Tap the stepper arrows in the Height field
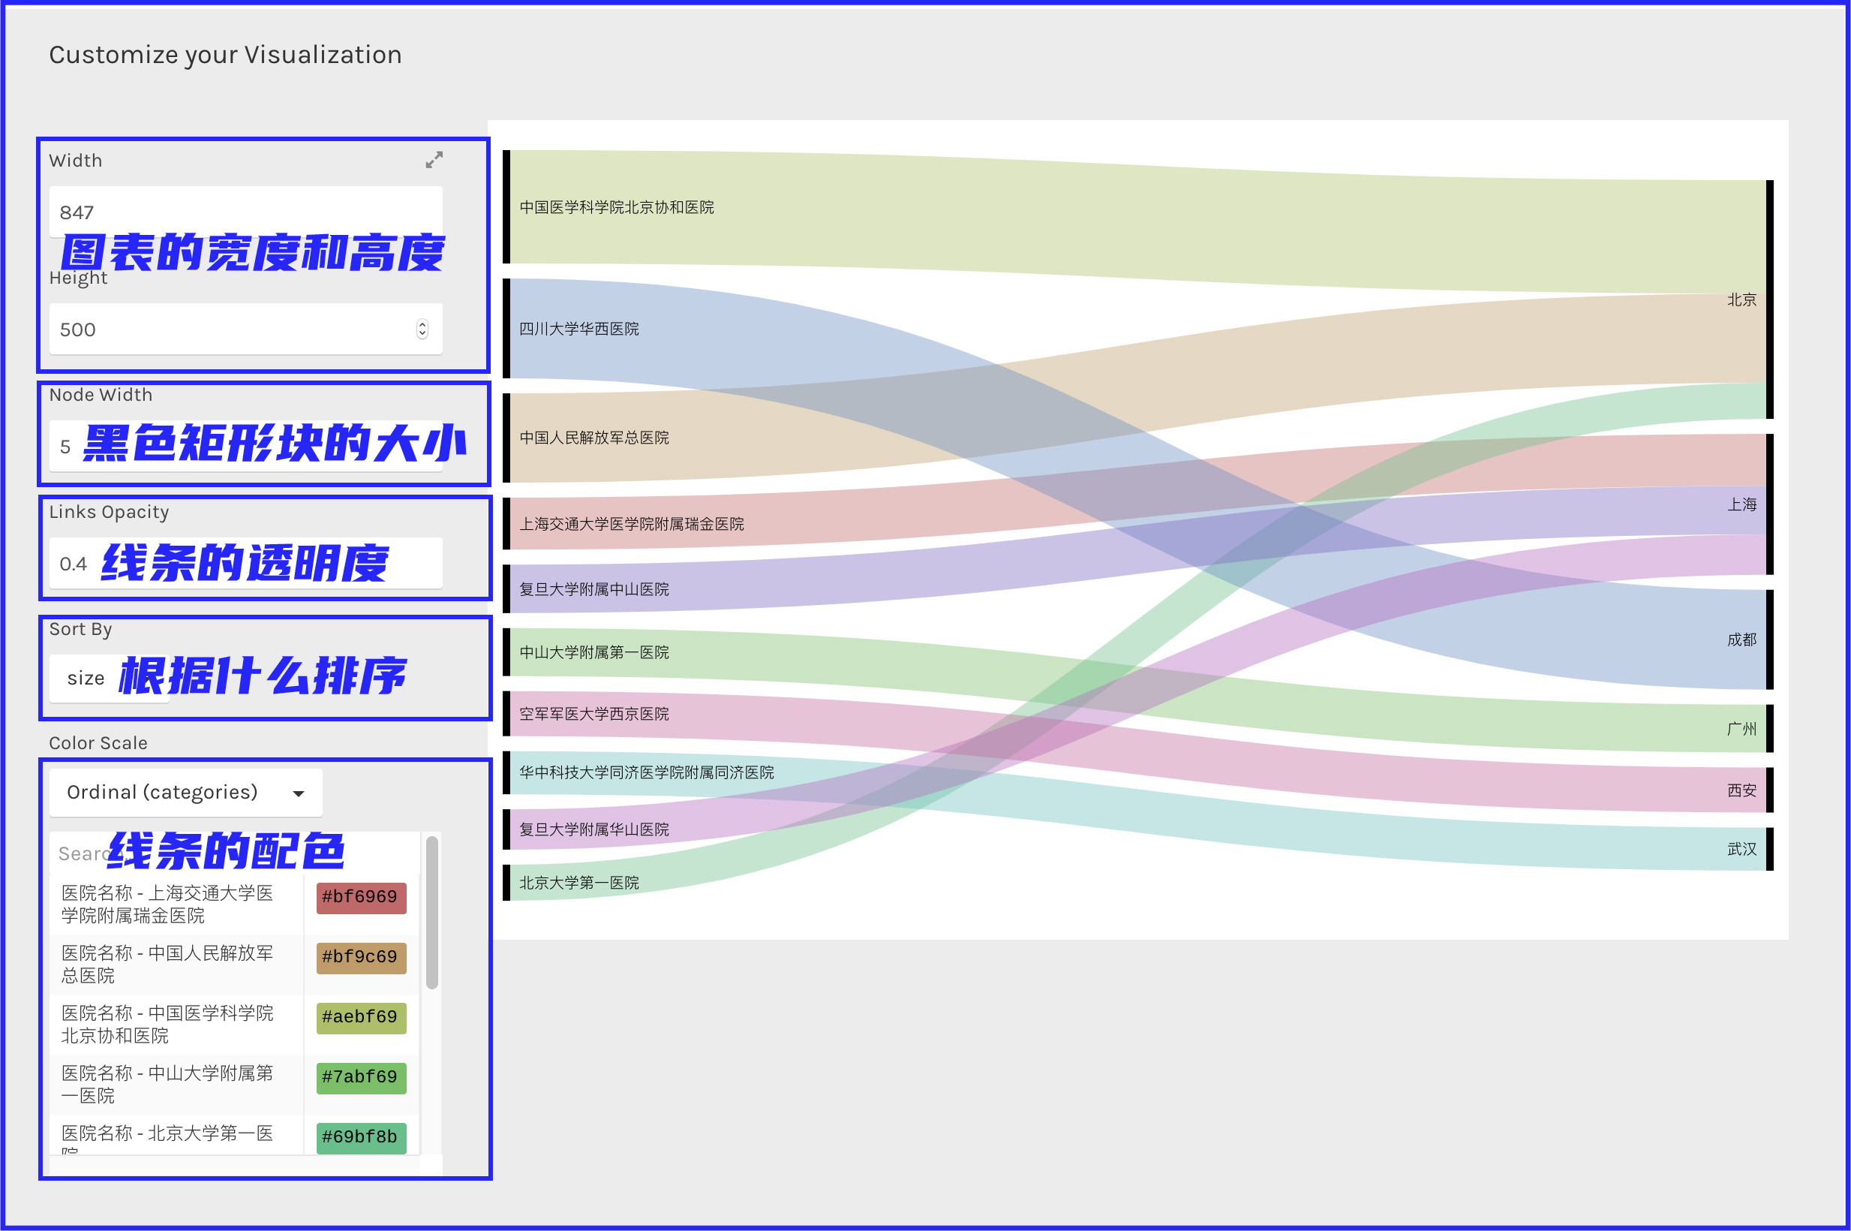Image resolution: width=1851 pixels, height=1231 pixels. coord(422,329)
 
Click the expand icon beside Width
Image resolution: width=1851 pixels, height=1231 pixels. coord(434,160)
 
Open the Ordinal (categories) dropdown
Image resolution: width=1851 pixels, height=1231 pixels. coord(185,792)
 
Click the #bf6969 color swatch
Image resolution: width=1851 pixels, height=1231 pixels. coord(361,897)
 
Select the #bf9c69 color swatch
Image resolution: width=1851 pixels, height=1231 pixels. coord(361,957)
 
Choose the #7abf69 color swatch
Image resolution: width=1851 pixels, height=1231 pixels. coord(361,1077)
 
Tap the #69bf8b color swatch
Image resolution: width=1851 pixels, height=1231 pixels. coord(361,1136)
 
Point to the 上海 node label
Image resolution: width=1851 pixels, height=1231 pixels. coord(1741,504)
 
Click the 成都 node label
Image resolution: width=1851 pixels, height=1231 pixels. coord(1741,640)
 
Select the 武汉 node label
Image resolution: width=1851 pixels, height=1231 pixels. coord(1741,850)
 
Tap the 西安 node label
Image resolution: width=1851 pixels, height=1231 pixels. coord(1741,790)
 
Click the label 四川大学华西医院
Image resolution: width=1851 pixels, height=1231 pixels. coord(579,329)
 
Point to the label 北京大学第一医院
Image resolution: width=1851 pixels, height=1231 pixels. coord(579,883)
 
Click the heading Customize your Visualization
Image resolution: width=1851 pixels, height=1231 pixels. coord(225,55)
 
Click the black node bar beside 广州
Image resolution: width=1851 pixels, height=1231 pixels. coord(1769,729)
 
